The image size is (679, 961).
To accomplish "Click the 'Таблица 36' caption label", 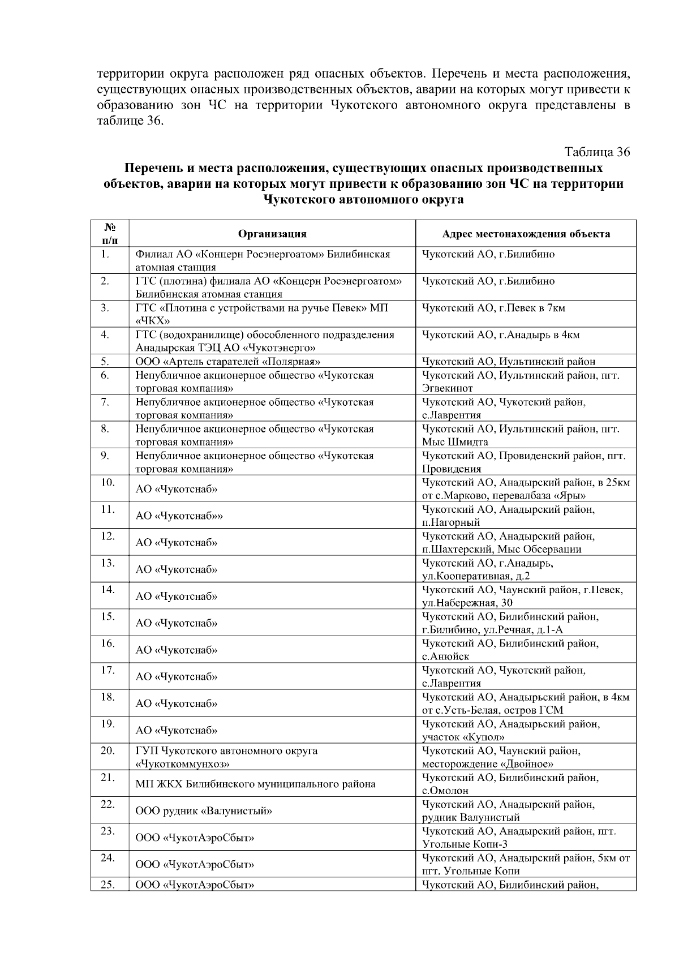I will [596, 152].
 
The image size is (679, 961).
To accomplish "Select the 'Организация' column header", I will [272, 234].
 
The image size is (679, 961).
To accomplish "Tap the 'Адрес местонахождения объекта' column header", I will [526, 234].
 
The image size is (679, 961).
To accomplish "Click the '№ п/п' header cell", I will [110, 233].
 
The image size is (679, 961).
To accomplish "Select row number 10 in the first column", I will [108, 483].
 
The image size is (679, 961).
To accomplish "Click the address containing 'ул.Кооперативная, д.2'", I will [488, 569].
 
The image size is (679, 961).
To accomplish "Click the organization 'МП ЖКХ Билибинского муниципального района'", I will [255, 784].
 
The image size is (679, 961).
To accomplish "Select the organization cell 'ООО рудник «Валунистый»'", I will [204, 810].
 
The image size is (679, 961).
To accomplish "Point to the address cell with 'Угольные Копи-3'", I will [519, 837].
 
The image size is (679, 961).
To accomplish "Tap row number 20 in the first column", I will [108, 751].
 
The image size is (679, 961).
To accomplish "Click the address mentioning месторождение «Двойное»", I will [501, 757].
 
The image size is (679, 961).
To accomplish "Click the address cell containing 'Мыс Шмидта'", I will [521, 435].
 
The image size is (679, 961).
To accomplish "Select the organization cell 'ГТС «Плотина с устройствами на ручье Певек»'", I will [262, 314].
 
